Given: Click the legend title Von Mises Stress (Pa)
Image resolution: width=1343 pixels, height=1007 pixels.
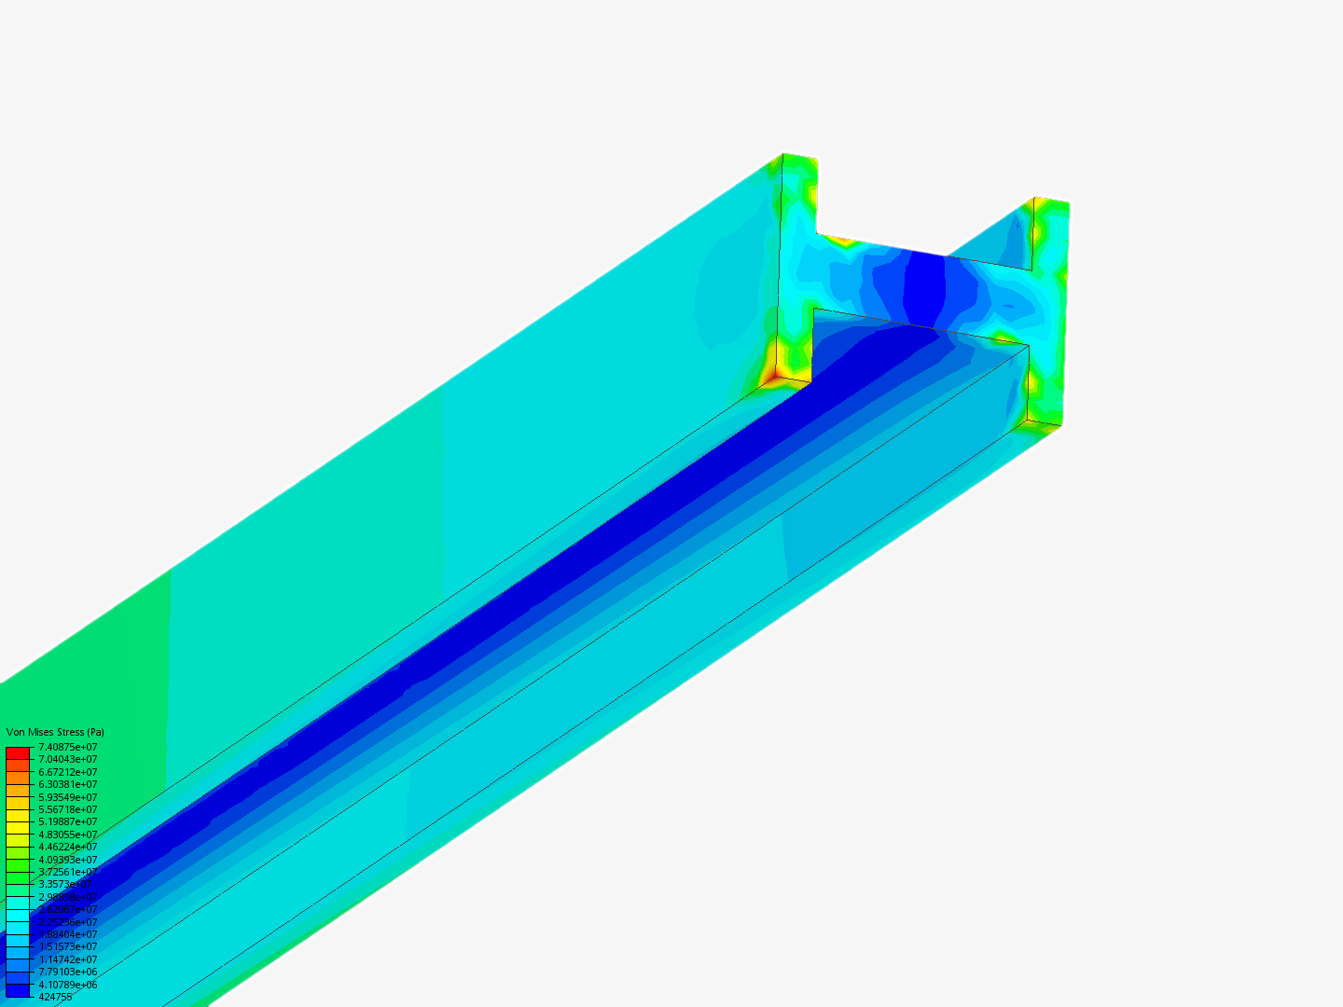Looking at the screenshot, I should click(x=55, y=732).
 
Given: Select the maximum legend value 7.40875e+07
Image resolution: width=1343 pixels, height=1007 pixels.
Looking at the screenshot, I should click(x=67, y=747).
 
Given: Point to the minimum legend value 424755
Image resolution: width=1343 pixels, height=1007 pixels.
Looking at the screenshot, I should click(x=55, y=997).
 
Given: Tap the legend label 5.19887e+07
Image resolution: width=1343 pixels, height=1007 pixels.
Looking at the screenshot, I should click(x=67, y=821).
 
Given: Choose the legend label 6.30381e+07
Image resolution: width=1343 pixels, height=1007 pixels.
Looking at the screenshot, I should click(x=67, y=784).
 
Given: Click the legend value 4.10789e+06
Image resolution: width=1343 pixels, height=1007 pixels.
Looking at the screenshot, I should click(x=67, y=985).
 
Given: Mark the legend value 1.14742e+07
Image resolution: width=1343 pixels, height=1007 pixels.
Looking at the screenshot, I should click(x=67, y=959).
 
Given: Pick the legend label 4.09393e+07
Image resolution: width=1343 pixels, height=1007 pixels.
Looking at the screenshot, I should click(x=67, y=860).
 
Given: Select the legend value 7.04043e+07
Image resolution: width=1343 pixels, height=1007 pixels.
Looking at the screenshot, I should click(x=67, y=759).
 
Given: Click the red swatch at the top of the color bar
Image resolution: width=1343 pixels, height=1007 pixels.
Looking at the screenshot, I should click(x=18, y=752).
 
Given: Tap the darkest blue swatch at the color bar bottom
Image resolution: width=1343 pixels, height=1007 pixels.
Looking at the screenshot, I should click(x=18, y=990).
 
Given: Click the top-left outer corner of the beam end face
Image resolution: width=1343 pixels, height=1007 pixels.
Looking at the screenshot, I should click(x=784, y=155).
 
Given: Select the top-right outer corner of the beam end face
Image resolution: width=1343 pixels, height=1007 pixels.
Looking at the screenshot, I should click(x=1067, y=203).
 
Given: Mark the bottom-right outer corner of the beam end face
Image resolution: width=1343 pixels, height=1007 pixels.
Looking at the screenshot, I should click(x=1059, y=426).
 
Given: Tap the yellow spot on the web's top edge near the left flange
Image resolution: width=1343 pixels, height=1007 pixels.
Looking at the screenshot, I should click(x=843, y=241).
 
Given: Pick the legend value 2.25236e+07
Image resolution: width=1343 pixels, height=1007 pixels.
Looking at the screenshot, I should click(x=67, y=922).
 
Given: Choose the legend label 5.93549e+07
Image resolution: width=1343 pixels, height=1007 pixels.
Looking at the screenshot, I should click(x=67, y=797).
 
